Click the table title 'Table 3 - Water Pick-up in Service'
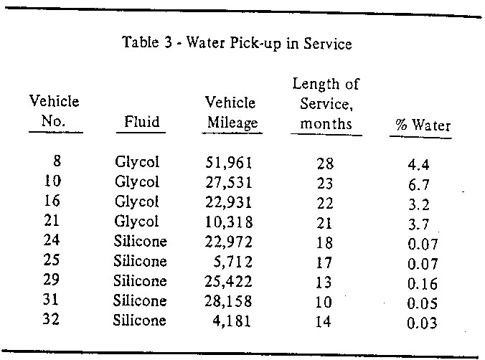coord(237,44)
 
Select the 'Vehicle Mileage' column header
coord(230,113)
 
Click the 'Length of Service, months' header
coord(325,104)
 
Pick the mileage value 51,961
coord(228,162)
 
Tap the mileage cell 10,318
coord(228,222)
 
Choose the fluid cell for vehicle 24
coord(140,242)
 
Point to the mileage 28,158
coord(228,301)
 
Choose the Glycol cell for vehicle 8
coord(136,162)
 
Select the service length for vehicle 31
coord(324,301)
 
